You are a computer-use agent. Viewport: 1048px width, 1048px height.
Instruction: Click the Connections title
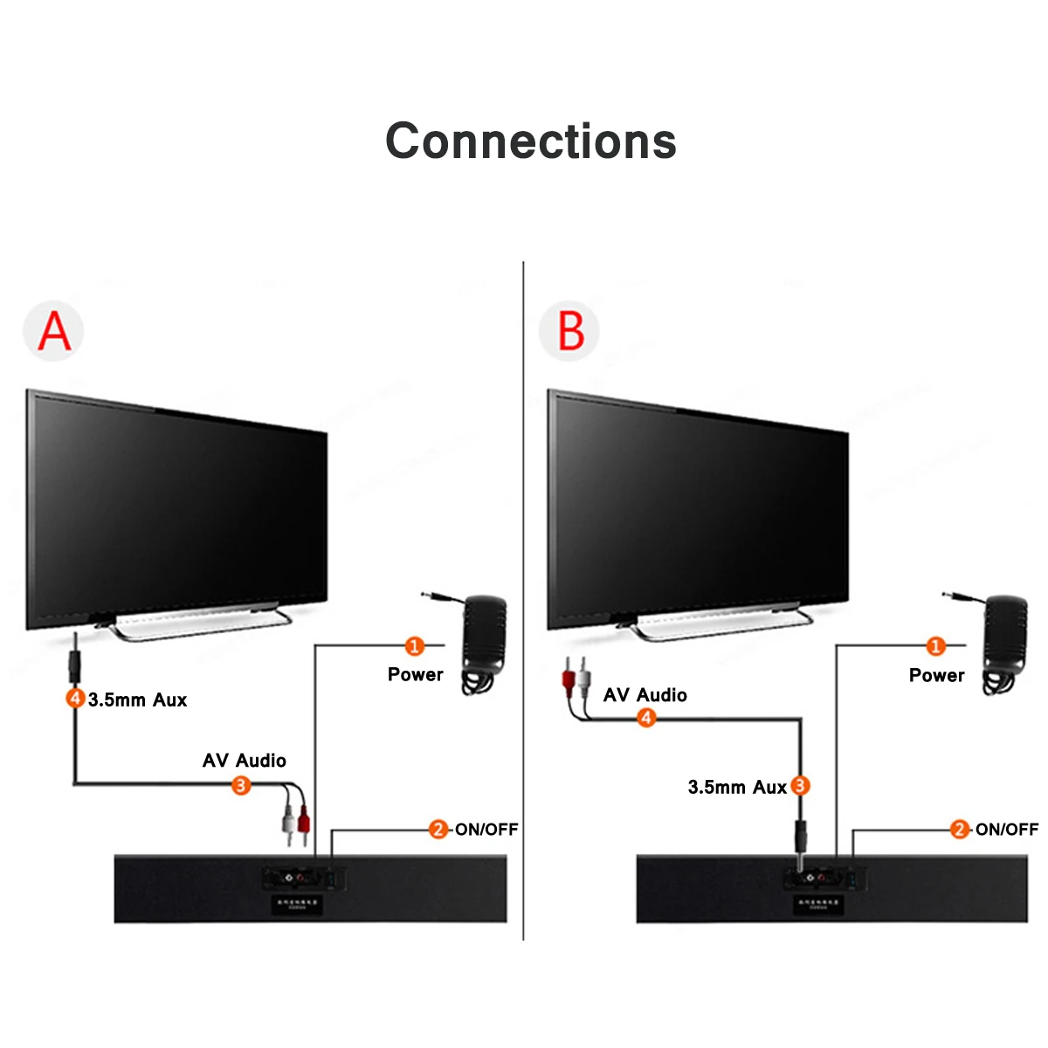pos(531,141)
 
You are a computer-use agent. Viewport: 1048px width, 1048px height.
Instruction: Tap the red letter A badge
pos(53,331)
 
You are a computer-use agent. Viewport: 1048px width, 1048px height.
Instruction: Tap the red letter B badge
pos(570,331)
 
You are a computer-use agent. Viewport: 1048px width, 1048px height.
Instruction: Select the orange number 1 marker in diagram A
pos(415,646)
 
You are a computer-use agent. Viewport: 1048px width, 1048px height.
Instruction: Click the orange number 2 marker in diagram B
pos(960,829)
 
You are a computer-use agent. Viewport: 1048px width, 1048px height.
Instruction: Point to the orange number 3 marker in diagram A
pos(241,785)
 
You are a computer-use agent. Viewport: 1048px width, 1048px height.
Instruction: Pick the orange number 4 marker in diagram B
pos(646,718)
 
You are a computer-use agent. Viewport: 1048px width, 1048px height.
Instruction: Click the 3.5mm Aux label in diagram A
pos(137,700)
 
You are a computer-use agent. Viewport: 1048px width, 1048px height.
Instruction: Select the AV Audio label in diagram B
pos(645,695)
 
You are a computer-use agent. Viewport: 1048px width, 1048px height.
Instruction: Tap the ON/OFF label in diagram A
pos(486,830)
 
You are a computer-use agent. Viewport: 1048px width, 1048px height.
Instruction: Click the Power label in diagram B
pos(936,675)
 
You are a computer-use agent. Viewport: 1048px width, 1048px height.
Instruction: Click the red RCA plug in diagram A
pos(303,821)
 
